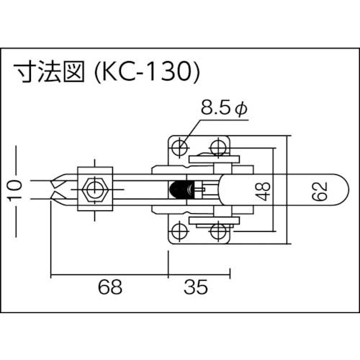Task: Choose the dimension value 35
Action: point(194,288)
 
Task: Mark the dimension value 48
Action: point(264,190)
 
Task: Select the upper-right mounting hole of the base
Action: point(217,148)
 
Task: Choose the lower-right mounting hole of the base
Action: point(217,232)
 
